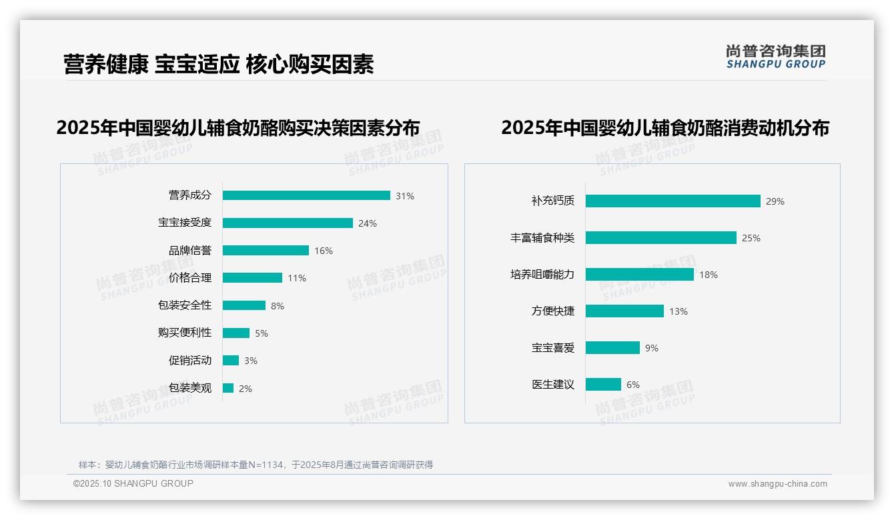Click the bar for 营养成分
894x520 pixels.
306,195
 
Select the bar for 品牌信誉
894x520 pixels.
266,251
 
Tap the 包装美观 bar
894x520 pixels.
228,388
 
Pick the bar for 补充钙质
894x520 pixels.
673,201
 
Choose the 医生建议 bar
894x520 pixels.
603,385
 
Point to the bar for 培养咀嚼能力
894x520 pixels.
639,275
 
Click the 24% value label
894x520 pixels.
368,223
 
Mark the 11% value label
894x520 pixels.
297,278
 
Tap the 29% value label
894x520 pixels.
775,201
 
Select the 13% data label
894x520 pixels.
679,311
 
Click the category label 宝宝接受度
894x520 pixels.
185,223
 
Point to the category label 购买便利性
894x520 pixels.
185,333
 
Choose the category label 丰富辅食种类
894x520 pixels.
542,238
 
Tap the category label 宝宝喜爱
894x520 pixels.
553,348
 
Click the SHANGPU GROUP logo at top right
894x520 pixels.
776,57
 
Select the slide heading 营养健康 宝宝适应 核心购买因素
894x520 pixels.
219,64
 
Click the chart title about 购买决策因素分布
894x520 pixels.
238,127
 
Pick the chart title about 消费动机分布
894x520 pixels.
664,127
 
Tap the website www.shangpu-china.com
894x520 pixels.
777,484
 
